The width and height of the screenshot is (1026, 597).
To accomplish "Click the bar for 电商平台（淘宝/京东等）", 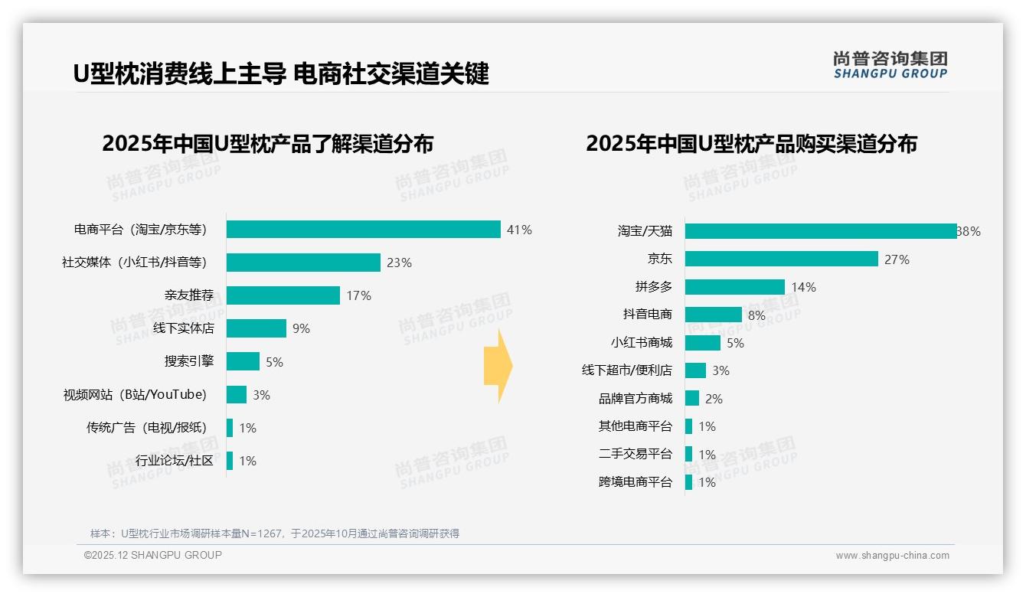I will [364, 230].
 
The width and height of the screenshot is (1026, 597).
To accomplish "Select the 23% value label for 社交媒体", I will [399, 263].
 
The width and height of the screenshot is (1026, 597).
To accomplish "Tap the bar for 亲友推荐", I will [283, 295].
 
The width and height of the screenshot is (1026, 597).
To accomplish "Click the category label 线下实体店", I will [183, 328].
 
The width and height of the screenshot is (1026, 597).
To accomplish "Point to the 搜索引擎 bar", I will [243, 361].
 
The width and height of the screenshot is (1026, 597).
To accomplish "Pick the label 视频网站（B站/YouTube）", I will [135, 395].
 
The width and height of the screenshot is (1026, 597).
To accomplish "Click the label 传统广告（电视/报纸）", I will [146, 428].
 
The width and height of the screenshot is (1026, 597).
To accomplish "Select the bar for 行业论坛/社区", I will [230, 461].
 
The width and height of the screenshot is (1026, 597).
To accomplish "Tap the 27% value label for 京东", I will [897, 259].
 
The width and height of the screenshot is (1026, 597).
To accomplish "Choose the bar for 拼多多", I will [735, 287].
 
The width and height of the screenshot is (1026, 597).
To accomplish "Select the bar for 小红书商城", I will [703, 343].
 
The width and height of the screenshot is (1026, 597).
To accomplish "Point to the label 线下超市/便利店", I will [626, 370].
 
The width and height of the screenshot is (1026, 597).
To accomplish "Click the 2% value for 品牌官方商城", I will [714, 399].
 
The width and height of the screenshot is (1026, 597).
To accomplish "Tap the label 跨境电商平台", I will [635, 482].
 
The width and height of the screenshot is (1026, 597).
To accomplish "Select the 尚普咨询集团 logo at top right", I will [890, 65].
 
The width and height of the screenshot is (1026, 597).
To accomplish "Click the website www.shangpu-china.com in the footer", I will [892, 556].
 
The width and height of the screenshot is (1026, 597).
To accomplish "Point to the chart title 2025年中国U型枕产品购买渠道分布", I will [751, 144].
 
